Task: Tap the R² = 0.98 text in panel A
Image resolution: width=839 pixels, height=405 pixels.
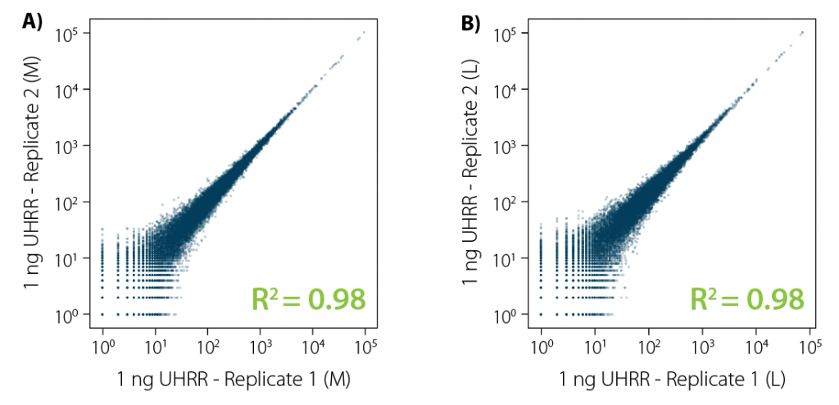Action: coord(309,300)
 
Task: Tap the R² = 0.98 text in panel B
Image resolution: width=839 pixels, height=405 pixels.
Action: coord(747,300)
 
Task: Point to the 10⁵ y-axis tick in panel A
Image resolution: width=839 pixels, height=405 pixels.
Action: coord(67,34)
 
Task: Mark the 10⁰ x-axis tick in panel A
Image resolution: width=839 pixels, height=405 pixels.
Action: coord(102,348)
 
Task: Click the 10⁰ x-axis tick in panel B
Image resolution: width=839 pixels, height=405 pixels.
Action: coord(542,348)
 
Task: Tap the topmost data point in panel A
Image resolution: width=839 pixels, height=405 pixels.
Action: coord(364,32)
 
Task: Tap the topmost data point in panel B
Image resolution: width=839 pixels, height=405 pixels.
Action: coord(802,32)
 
